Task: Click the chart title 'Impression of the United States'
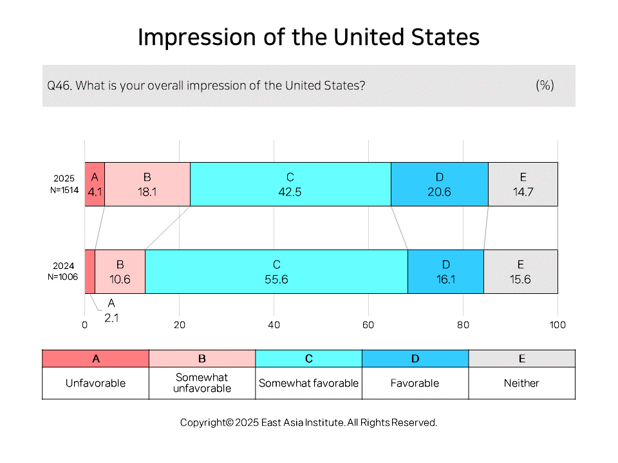pos(308,37)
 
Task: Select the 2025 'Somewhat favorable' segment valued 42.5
pos(290,185)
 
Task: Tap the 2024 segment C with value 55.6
pos(276,271)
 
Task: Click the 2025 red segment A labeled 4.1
pos(95,185)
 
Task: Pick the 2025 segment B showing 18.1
pos(147,185)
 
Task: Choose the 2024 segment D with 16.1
pos(445,271)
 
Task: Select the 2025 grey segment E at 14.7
pos(523,185)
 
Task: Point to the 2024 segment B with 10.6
pos(120,271)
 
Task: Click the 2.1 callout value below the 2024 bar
pos(111,318)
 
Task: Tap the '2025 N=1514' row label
pos(64,185)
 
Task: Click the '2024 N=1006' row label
pos(63,271)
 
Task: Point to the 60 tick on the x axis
pos(368,325)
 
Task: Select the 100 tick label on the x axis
pos(557,325)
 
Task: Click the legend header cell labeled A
pos(96,359)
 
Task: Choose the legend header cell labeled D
pos(415,359)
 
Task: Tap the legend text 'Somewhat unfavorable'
pos(201,383)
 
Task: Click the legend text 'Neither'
pos(521,383)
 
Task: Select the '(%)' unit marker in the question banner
pos(545,85)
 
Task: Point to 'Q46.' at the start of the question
pos(59,86)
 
